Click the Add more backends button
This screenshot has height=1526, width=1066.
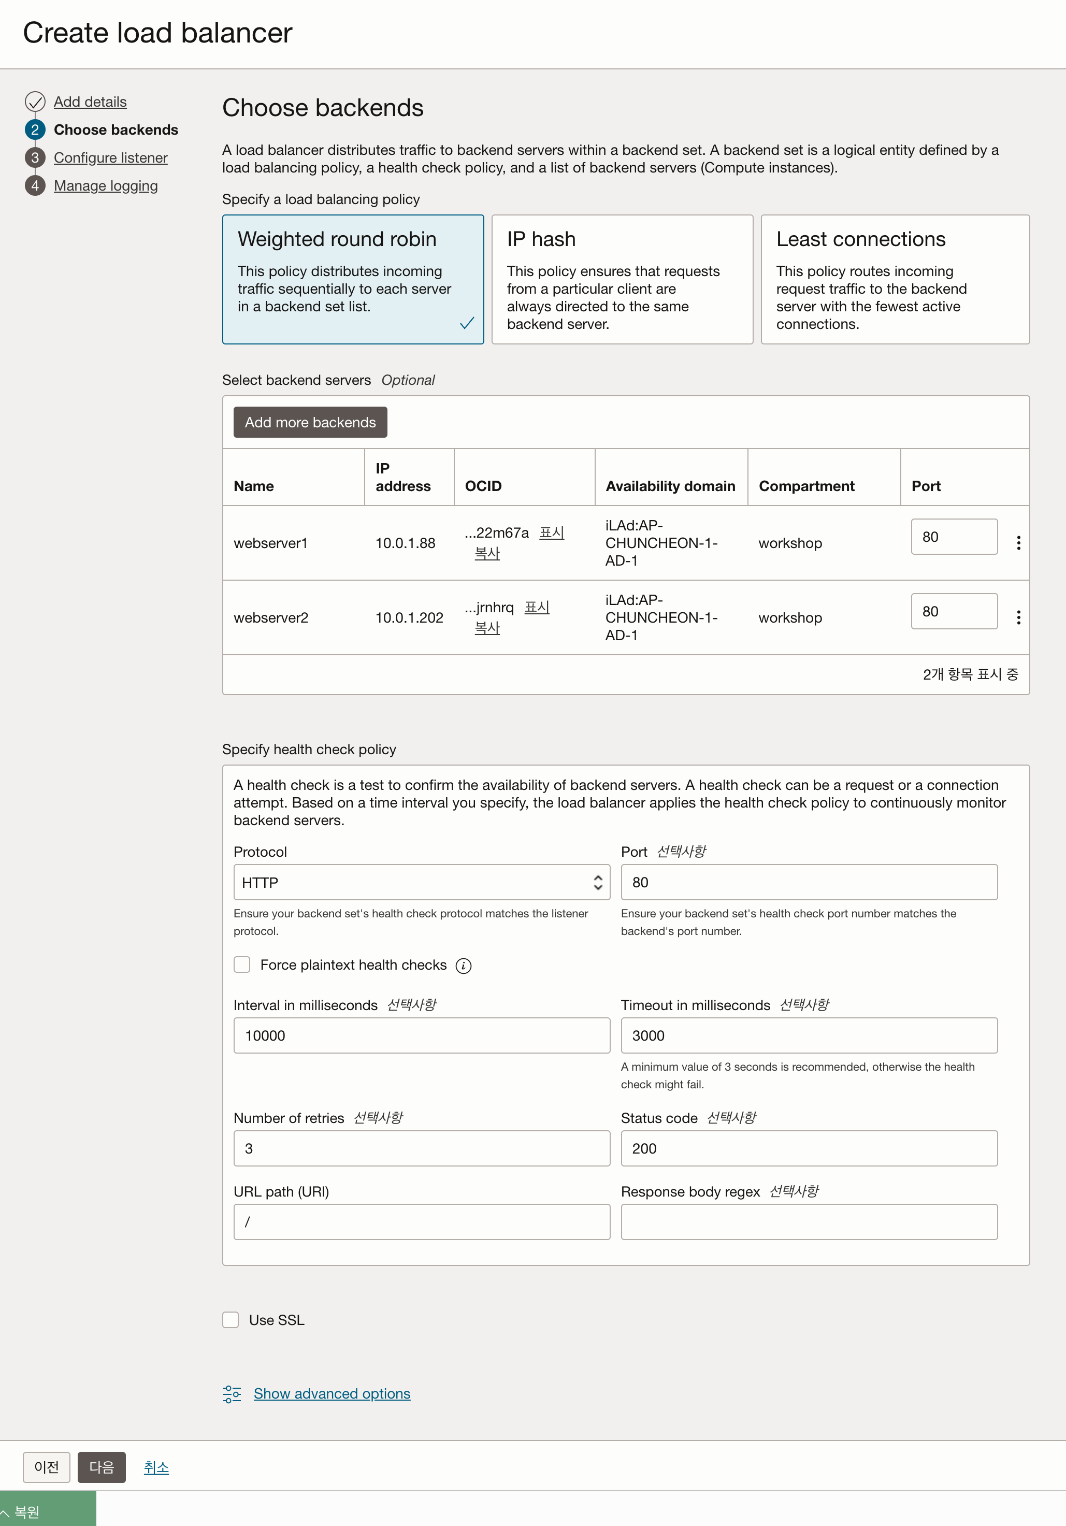310,422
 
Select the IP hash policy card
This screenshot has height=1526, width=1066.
622,279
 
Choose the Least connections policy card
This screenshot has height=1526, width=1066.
895,279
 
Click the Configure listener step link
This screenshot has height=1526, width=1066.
110,157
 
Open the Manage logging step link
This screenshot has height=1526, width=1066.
106,185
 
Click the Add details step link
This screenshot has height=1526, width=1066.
90,102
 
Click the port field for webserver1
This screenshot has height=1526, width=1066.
953,536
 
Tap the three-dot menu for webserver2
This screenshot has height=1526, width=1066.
1018,617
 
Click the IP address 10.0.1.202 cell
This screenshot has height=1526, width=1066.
409,617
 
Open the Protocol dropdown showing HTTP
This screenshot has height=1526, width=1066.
421,882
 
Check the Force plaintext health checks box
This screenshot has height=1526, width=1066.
242,964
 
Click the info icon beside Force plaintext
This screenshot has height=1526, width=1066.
463,966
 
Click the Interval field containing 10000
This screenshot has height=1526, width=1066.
421,1035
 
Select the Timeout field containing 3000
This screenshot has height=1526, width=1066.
808,1035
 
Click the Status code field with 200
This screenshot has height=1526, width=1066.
808,1148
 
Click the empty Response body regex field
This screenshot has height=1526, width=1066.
808,1221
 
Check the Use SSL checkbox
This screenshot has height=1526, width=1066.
231,1320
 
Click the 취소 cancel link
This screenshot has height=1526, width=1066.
156,1467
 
